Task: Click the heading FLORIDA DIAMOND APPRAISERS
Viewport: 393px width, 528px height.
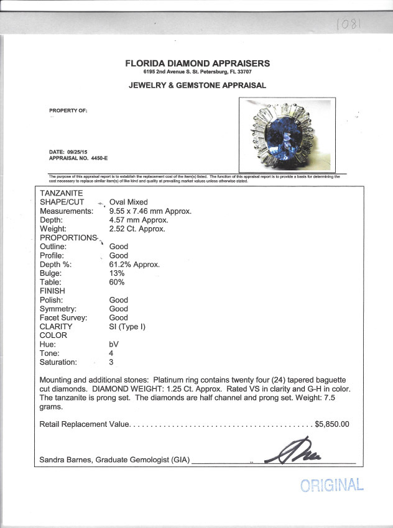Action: (x=198, y=63)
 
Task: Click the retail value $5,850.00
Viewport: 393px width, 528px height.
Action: (x=332, y=425)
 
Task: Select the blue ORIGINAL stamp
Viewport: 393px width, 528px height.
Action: (x=332, y=485)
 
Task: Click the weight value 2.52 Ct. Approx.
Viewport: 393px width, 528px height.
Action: (x=137, y=229)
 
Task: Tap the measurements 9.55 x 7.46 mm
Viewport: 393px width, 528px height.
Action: (x=150, y=211)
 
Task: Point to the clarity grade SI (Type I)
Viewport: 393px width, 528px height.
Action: (x=127, y=327)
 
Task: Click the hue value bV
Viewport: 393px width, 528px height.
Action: (x=114, y=344)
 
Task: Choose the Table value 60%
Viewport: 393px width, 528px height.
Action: (x=117, y=282)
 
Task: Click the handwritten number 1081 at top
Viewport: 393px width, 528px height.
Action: (x=349, y=25)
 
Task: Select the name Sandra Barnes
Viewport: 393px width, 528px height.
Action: (x=65, y=460)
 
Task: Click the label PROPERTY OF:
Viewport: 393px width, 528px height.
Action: (x=68, y=111)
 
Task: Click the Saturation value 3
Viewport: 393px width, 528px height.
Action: (x=112, y=362)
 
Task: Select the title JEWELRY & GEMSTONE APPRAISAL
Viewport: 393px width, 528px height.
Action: (x=197, y=85)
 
